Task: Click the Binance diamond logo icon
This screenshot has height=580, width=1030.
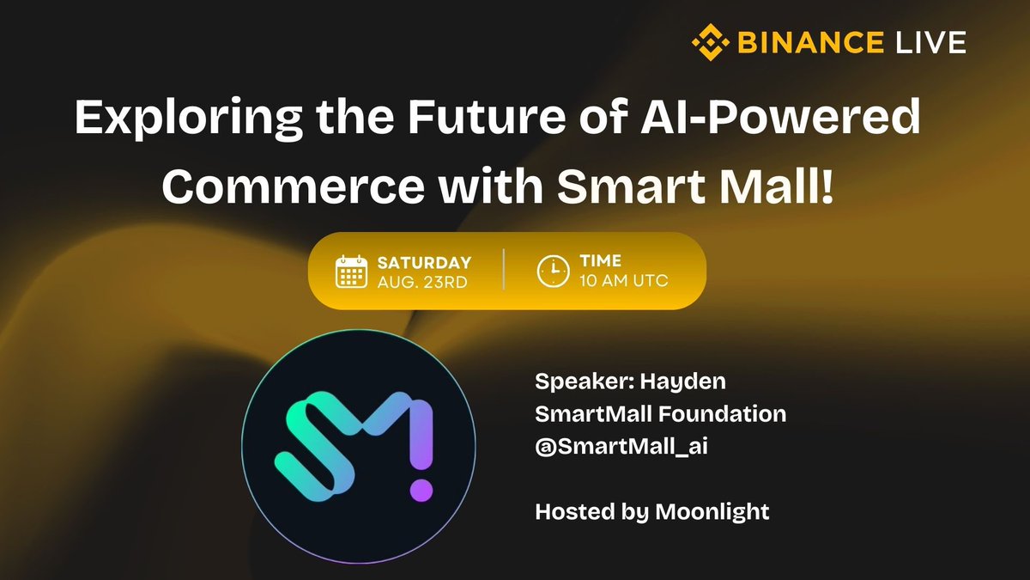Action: point(709,41)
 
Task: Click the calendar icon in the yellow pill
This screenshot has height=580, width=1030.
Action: point(352,271)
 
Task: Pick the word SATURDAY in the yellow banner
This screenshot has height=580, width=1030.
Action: point(424,263)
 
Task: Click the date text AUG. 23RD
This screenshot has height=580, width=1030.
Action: point(421,282)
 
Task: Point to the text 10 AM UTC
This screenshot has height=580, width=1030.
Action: point(624,282)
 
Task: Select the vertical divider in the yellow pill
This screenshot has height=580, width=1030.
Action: point(503,271)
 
